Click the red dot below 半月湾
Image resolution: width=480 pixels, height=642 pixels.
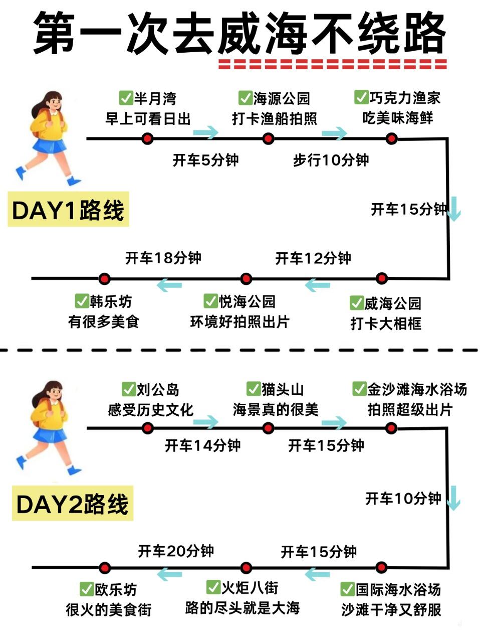[x=147, y=138]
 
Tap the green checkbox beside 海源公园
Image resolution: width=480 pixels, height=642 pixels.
[x=245, y=97]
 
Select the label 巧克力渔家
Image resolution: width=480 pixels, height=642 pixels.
[x=405, y=97]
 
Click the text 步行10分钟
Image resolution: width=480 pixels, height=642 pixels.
[x=331, y=160]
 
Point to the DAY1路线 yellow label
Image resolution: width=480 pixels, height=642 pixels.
[x=68, y=210]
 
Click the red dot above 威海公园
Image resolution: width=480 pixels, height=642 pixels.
[x=382, y=278]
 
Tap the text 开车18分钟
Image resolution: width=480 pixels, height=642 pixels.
[x=163, y=258]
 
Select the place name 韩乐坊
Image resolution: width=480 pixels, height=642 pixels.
[x=111, y=301]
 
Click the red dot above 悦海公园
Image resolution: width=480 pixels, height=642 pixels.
[x=246, y=279]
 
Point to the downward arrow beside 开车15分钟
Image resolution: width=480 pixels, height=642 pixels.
[x=454, y=209]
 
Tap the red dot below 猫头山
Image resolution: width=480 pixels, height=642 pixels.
[x=268, y=428]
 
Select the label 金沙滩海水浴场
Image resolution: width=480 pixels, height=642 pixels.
[x=417, y=389]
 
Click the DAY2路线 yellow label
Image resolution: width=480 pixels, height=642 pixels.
[x=72, y=504]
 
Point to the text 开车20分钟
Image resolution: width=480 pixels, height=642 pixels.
[x=176, y=551]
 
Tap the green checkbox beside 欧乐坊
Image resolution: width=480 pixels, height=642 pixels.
[x=87, y=589]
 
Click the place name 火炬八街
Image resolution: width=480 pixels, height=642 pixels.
[x=250, y=587]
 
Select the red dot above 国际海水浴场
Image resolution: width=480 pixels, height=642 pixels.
[x=381, y=568]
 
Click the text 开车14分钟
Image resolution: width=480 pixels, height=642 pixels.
[x=203, y=445]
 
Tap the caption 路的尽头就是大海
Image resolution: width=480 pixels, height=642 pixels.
[x=243, y=608]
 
